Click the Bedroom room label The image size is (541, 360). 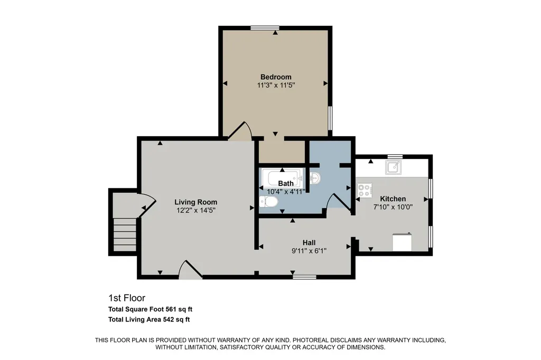276,77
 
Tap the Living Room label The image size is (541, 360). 195,202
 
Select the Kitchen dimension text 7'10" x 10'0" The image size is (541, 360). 393,207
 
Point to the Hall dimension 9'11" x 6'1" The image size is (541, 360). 309,251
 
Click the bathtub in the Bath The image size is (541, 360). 282,177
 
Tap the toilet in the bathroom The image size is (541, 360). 268,202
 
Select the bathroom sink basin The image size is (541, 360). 315,178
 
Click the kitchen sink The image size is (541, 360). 393,167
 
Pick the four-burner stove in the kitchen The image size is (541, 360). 365,190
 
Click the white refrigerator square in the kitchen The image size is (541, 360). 402,242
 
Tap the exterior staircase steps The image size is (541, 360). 125,234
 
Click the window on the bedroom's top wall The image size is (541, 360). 265,28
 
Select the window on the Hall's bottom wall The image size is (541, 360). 305,277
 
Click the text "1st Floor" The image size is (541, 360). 127,298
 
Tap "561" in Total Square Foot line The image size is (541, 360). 172,309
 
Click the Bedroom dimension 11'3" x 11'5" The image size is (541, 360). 276,85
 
